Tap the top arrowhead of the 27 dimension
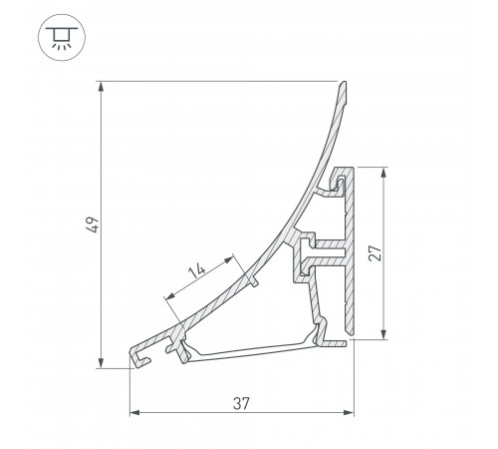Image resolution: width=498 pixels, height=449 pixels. [382, 171]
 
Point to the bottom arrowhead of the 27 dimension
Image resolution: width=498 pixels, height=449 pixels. [382, 336]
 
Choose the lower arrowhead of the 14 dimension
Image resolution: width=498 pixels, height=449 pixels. [165, 298]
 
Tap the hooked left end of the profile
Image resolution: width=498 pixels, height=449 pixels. [140, 355]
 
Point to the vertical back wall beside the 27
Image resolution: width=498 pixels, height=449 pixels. [350, 249]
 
